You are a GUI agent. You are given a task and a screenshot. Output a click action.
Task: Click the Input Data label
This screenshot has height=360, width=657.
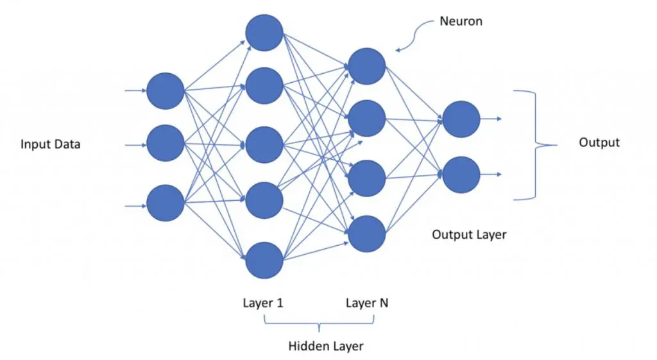point(51,144)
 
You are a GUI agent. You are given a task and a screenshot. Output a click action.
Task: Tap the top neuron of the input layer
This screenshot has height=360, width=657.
point(166,91)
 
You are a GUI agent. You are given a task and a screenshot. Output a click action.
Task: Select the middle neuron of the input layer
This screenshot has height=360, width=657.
point(166,144)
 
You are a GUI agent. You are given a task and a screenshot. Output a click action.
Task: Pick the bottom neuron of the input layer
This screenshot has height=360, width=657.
point(166,203)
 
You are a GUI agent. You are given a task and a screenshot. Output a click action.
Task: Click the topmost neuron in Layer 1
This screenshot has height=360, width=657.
point(264,33)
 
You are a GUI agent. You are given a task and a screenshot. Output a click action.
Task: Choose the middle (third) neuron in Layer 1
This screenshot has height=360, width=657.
point(264,145)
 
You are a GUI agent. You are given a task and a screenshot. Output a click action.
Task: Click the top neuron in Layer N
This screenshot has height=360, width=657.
point(366,65)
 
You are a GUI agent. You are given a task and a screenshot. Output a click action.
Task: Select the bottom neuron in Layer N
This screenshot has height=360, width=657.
point(366,234)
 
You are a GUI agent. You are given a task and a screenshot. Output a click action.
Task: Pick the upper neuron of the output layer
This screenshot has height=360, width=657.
point(461,119)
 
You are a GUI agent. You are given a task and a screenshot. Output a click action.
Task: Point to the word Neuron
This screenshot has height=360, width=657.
point(461,21)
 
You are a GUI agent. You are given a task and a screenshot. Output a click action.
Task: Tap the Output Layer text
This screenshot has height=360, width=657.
point(469,234)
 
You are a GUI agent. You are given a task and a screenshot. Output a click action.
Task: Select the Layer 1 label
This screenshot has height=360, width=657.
point(263,303)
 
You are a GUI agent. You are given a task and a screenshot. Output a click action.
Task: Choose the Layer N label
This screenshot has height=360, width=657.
point(367,303)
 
